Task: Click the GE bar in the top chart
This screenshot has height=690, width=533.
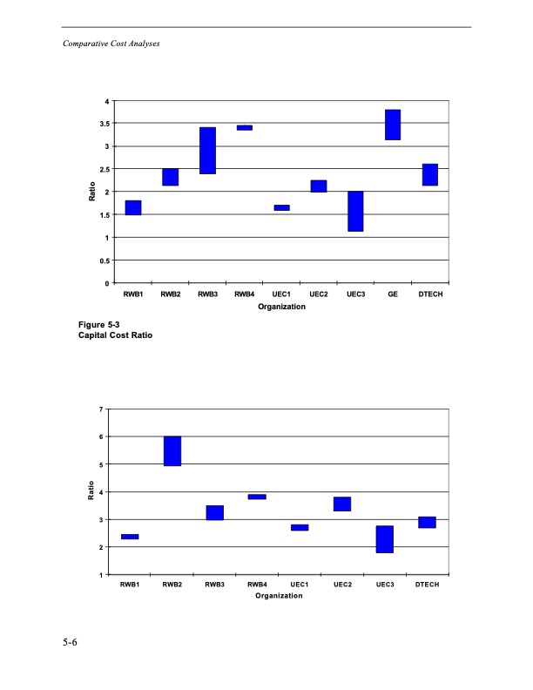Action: (x=393, y=125)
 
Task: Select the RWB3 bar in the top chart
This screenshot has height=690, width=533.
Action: (x=207, y=151)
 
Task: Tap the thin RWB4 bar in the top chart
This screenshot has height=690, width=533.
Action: (x=245, y=127)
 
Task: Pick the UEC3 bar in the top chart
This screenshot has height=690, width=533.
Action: (x=355, y=211)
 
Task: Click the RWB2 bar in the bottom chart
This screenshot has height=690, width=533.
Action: (x=172, y=451)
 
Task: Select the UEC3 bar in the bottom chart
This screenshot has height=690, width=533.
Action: (x=385, y=539)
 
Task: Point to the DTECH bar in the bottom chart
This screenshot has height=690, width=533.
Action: (x=427, y=522)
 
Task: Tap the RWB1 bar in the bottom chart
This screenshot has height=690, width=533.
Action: (x=130, y=537)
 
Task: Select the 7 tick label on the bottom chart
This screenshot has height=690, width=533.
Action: (x=102, y=409)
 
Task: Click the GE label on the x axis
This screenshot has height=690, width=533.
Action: (x=393, y=294)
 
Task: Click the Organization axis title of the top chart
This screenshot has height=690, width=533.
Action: (x=281, y=307)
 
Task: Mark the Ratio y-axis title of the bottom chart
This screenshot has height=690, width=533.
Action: (x=91, y=492)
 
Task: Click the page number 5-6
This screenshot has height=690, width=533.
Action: (x=70, y=643)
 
